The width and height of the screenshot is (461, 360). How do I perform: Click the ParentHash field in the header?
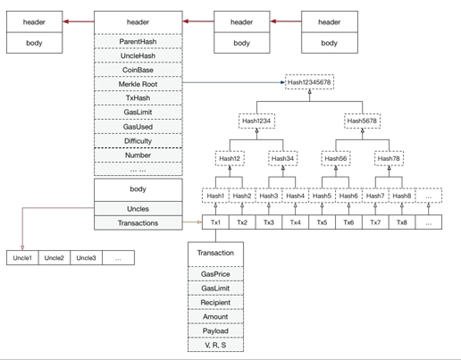coord(138,42)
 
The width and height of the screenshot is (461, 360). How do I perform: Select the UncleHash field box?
coord(138,56)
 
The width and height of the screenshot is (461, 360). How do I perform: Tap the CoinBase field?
coord(138,70)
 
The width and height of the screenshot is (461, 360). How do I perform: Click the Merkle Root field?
coord(138,84)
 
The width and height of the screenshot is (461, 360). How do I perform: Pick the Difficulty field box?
coord(138,141)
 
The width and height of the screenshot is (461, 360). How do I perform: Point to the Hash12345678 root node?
coord(309,83)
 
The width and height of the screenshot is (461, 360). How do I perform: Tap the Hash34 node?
coord(283,158)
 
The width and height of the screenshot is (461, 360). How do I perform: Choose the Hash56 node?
coord(336,158)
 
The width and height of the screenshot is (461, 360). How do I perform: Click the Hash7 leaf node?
coord(375,195)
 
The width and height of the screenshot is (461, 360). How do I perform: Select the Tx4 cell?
coord(295,222)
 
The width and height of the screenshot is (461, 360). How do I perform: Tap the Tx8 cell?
coord(402,222)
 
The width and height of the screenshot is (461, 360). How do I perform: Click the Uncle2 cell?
coord(54,258)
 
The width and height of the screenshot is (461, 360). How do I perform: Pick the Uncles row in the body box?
coord(138,209)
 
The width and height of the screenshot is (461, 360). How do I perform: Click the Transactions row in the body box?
coord(138,223)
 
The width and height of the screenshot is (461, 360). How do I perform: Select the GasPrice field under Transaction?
coord(216,274)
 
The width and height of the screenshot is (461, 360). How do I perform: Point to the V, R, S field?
coord(216,345)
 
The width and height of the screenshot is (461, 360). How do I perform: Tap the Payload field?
coord(216,331)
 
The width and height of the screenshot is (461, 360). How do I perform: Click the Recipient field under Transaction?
coord(216,302)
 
